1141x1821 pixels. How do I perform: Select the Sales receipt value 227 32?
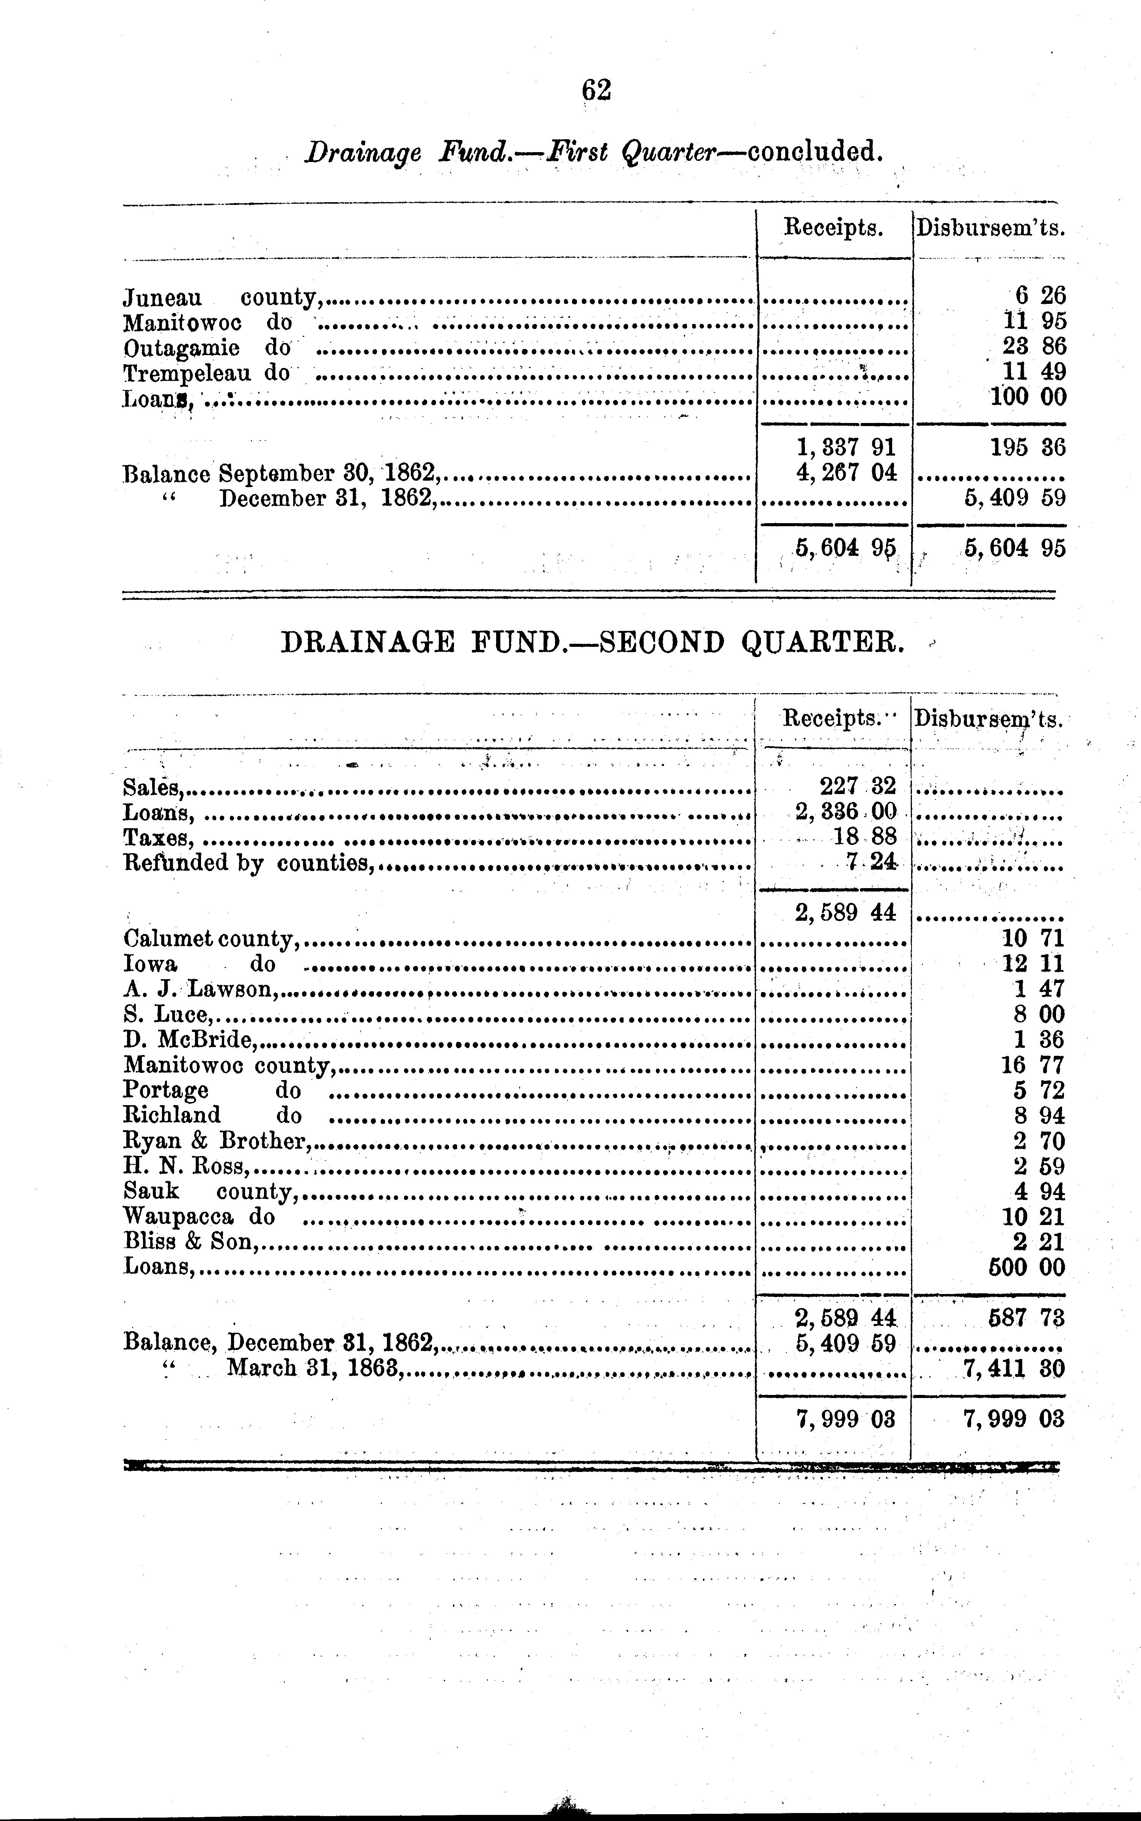[857, 786]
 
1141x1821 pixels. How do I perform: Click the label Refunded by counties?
[250, 863]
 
